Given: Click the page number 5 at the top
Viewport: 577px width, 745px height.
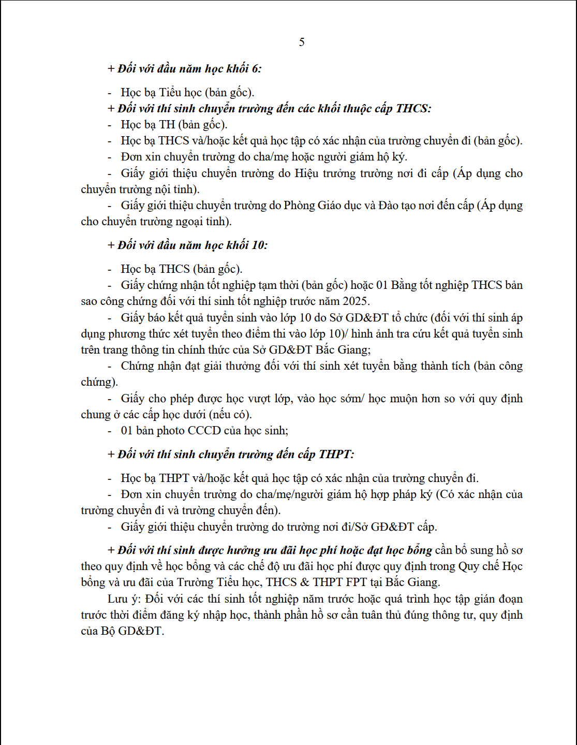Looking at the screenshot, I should (x=302, y=42).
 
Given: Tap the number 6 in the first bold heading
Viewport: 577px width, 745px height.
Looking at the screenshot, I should (x=256, y=68).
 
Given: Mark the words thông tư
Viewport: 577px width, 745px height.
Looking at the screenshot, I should (x=454, y=615).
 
